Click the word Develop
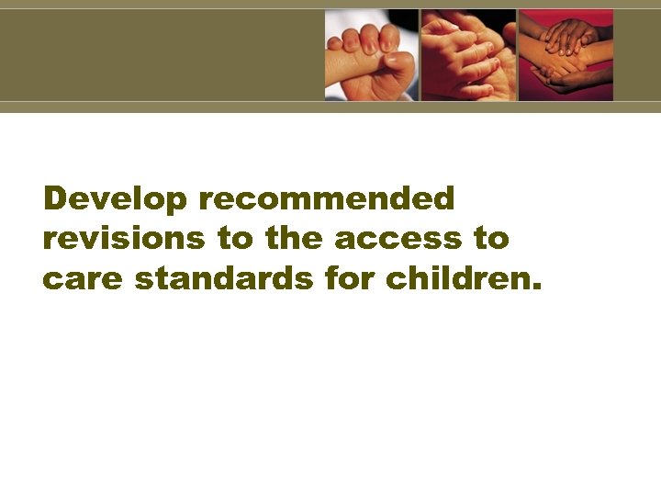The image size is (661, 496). [x=116, y=198]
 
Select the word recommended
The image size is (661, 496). [x=326, y=198]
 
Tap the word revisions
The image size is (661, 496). [x=124, y=239]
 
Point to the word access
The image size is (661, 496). [x=400, y=239]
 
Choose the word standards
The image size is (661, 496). [x=224, y=279]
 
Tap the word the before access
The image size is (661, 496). [x=294, y=239]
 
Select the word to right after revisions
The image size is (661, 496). [x=234, y=239]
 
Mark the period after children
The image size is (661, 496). [x=537, y=287]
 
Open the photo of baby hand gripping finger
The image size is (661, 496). [x=371, y=55]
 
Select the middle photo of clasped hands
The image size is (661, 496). [x=468, y=55]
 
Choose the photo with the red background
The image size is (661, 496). [x=566, y=55]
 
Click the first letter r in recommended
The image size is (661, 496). [x=205, y=201]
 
